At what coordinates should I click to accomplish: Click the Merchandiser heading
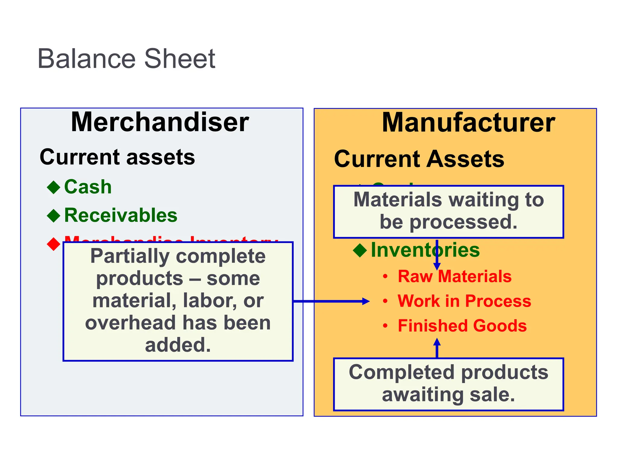point(160,122)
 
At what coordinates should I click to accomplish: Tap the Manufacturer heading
point(468,123)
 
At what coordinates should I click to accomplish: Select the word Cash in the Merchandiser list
point(88,187)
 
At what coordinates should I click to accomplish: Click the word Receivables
point(121,216)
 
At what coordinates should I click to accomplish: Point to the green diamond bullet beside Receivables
point(54,216)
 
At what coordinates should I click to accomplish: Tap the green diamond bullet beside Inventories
point(360,250)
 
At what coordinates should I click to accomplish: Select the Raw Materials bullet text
point(454,276)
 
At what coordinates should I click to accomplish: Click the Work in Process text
point(464,301)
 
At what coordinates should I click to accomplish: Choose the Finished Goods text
point(462,326)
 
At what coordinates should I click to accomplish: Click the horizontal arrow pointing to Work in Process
point(332,301)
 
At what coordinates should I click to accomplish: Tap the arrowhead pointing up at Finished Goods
point(437,342)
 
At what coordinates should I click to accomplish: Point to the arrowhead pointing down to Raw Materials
point(437,266)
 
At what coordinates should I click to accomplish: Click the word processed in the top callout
point(463,222)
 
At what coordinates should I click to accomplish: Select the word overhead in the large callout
point(130,323)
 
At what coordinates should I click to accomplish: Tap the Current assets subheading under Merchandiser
point(117,157)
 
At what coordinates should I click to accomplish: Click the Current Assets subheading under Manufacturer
point(419,159)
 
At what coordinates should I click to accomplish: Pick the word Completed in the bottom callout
point(401,372)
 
